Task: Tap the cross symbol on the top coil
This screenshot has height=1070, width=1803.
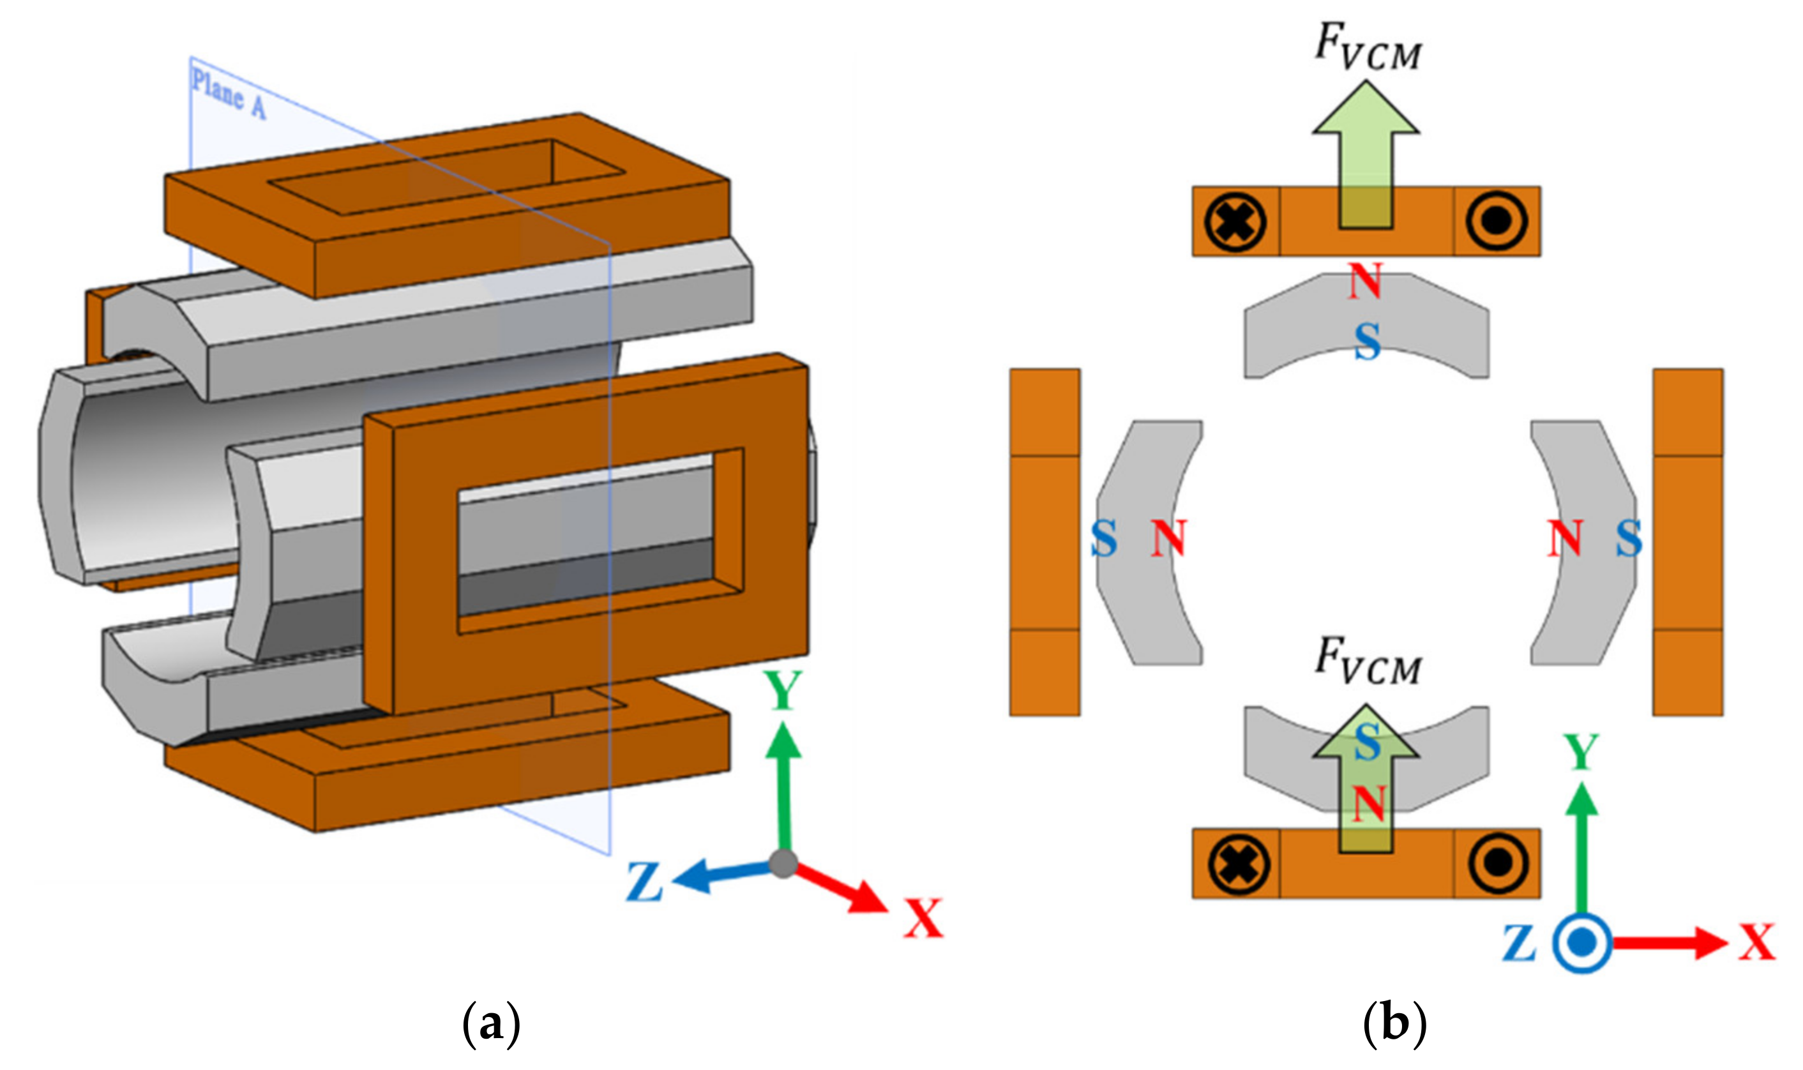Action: pos(1235,222)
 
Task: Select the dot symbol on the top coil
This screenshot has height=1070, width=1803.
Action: pos(1496,221)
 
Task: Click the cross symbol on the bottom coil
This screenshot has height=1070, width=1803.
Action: pos(1238,863)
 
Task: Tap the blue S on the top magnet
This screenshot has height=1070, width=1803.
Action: pos(1368,342)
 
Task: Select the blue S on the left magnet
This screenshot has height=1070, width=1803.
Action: pos(1104,539)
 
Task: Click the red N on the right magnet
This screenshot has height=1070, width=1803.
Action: pos(1564,539)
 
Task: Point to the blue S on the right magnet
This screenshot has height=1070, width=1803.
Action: pos(1629,539)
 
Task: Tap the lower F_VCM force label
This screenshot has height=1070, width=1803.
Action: pos(1368,661)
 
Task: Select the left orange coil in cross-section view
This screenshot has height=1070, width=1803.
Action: pos(1045,542)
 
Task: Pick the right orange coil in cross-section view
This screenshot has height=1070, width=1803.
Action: pos(1687,542)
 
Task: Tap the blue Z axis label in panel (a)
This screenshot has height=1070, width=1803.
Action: pos(644,882)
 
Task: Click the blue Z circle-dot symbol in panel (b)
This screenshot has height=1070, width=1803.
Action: pos(1581,943)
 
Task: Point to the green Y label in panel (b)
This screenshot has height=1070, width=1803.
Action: pos(1581,752)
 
